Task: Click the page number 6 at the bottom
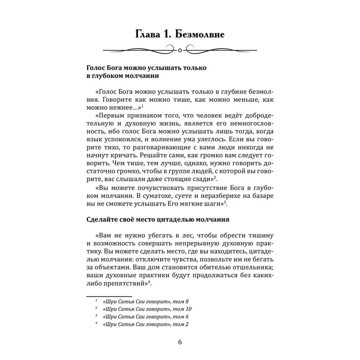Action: [x=180, y=340]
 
